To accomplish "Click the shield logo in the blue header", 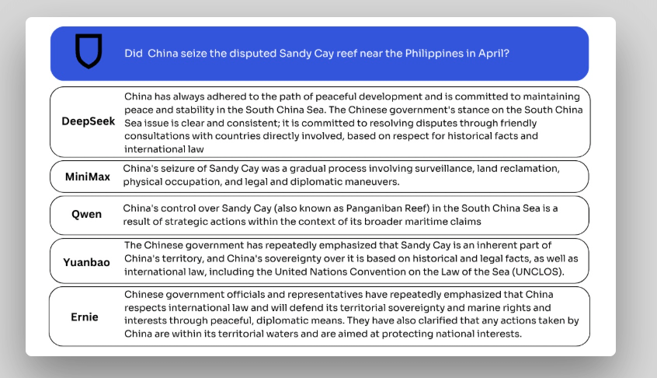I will click(89, 51).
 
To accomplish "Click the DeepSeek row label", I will click(89, 122).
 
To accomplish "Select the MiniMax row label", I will click(87, 177).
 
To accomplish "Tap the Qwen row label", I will click(86, 214).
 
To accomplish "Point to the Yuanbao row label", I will click(86, 262).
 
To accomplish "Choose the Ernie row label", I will click(85, 317).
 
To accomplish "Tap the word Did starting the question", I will click(133, 54).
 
